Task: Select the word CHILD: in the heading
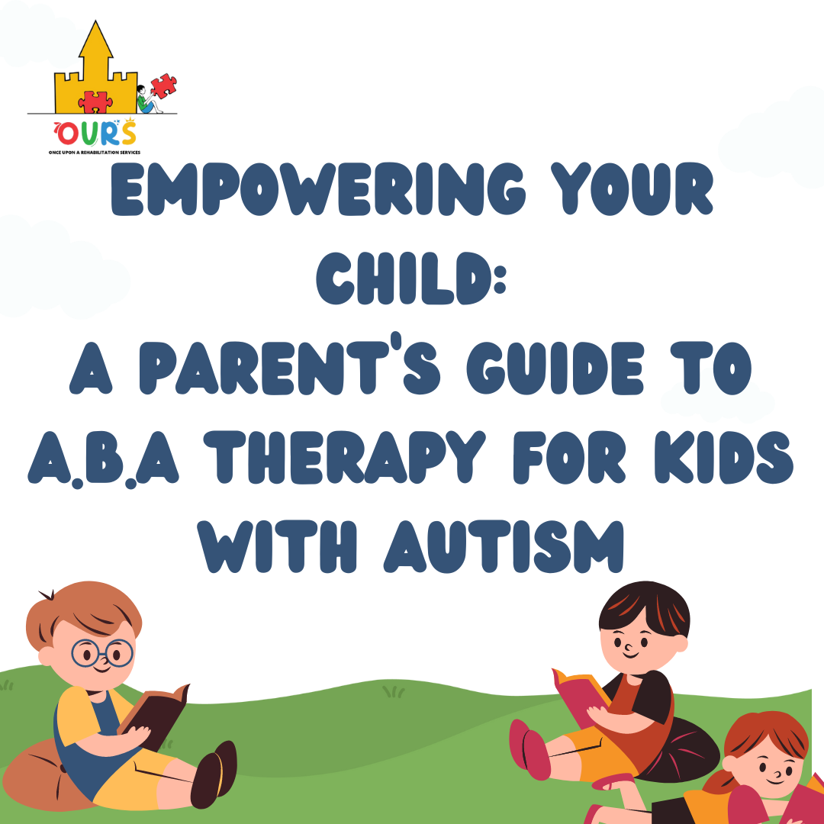point(411,282)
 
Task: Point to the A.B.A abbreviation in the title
point(102,461)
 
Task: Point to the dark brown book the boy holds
point(156,717)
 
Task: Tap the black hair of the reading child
point(645,607)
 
